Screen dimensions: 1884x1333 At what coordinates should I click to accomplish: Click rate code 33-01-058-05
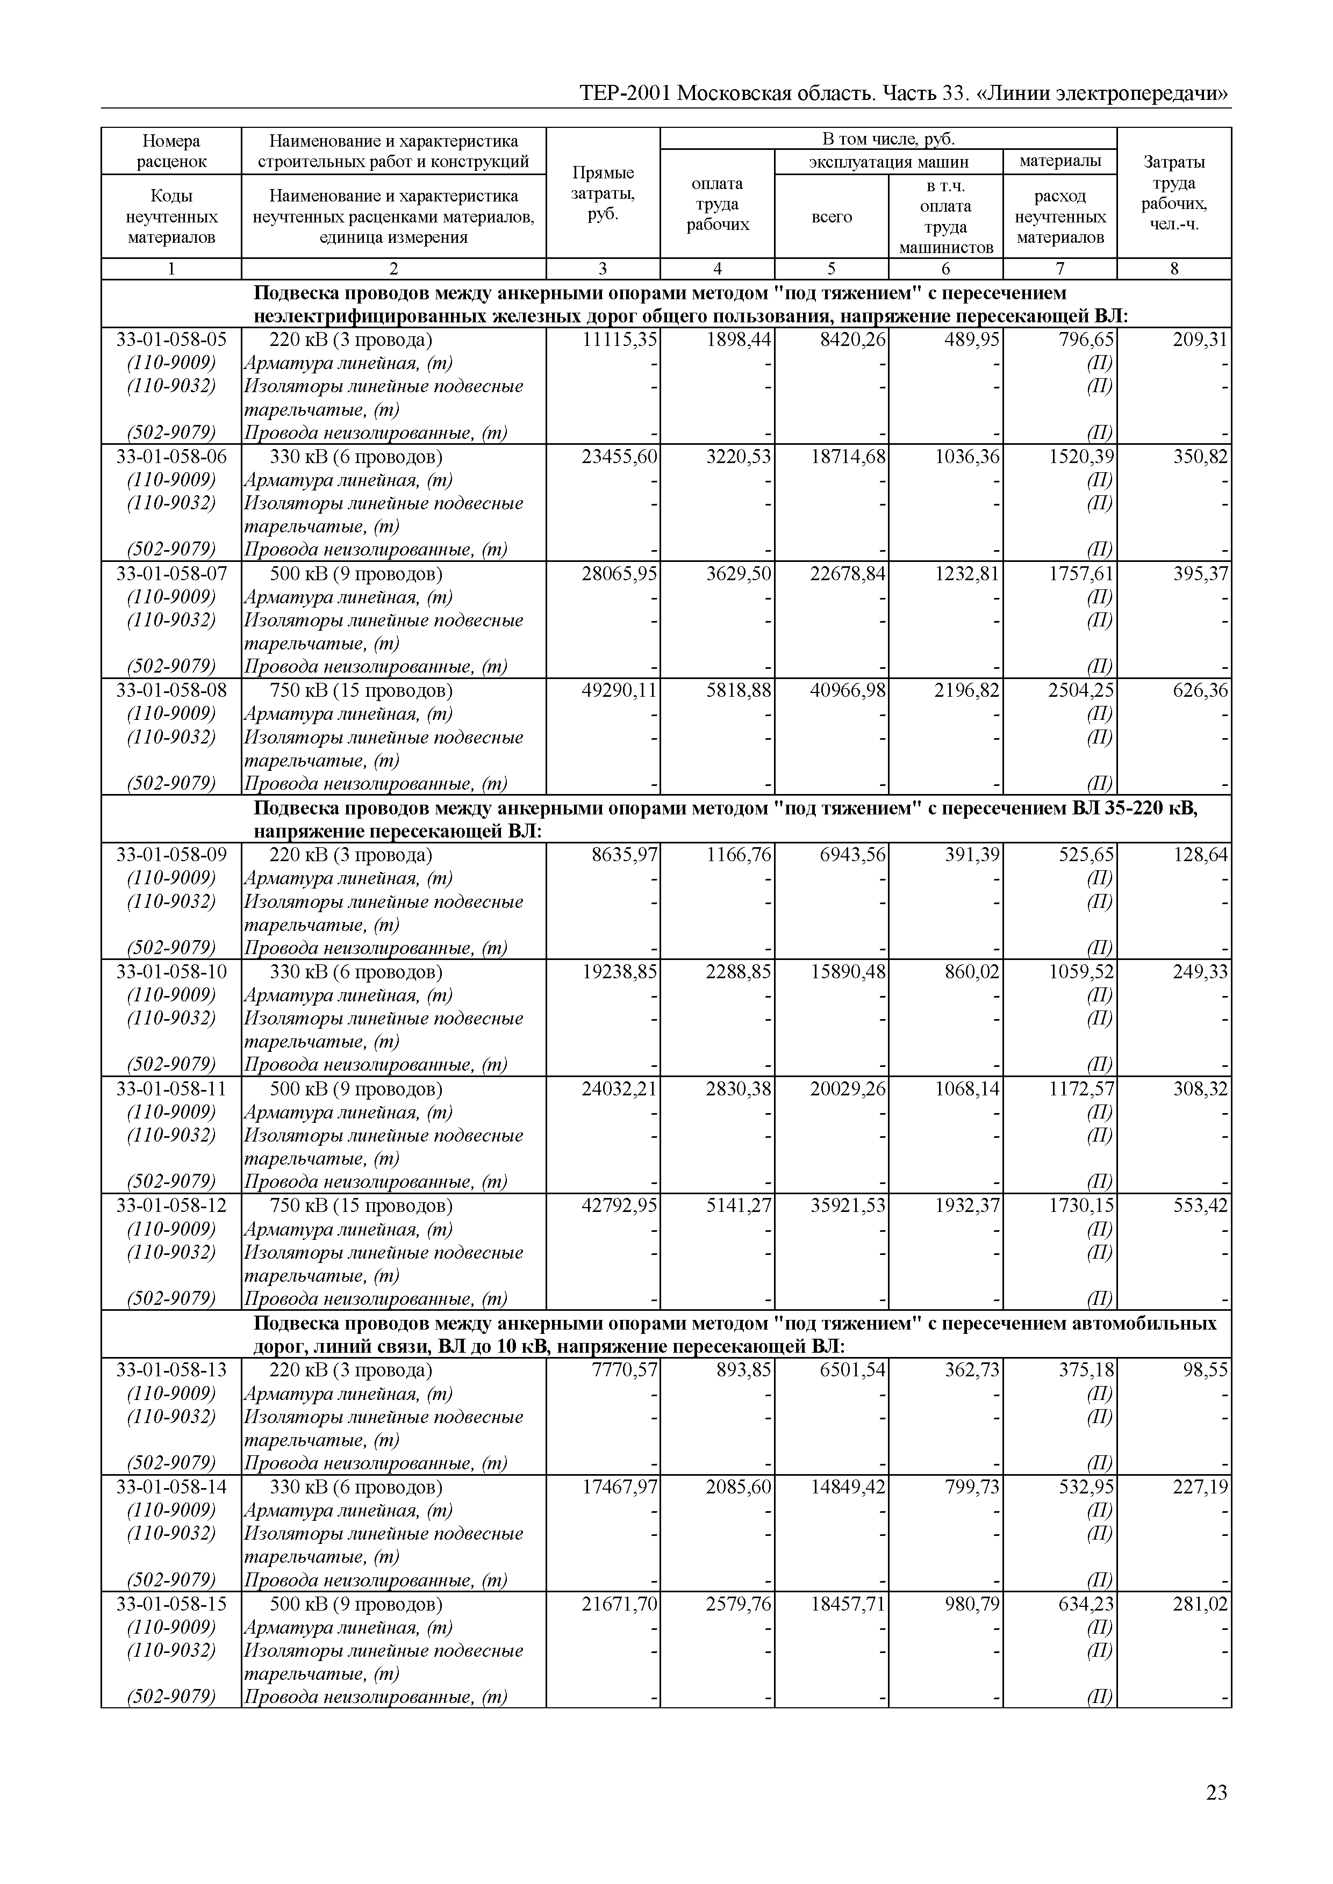(171, 340)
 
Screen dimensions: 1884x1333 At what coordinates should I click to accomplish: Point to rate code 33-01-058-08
(171, 691)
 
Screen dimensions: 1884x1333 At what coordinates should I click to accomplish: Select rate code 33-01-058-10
(171, 972)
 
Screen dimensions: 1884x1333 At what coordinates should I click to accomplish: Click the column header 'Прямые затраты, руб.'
(603, 193)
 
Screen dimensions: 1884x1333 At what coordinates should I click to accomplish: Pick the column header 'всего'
(832, 218)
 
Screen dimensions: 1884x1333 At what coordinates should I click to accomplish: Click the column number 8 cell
(1174, 269)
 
